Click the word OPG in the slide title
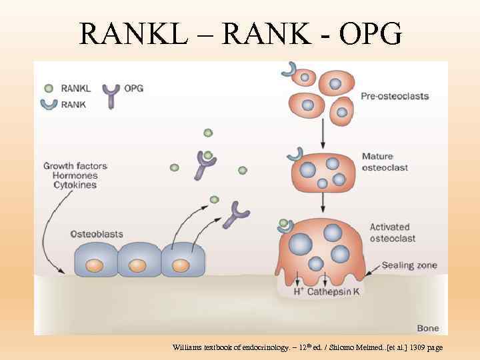click(x=369, y=33)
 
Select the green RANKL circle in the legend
click(x=48, y=88)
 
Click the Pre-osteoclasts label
click(x=395, y=96)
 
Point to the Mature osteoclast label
click(x=384, y=163)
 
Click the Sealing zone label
click(x=409, y=265)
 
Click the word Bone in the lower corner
click(x=427, y=328)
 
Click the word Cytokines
click(x=75, y=185)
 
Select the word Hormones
click(x=75, y=175)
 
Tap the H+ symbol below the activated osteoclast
click(x=299, y=291)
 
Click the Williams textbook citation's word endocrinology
click(x=263, y=347)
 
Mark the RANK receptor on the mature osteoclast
click(x=294, y=155)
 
